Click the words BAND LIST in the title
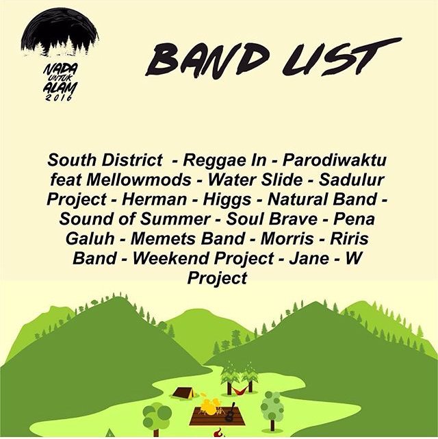[x=272, y=57]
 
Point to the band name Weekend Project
[x=201, y=260]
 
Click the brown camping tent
[x=183, y=392]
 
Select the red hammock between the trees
[x=239, y=390]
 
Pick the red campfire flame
[x=218, y=434]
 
